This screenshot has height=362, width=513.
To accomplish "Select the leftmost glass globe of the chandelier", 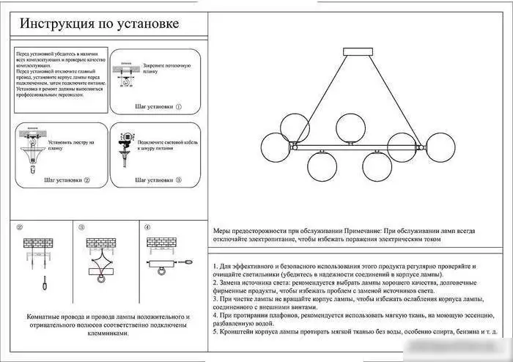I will (276, 144).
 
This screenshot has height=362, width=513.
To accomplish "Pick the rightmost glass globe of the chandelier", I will (442, 144).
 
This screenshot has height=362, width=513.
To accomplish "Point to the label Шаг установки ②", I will (67, 179).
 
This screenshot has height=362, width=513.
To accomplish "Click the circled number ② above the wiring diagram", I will (20, 228).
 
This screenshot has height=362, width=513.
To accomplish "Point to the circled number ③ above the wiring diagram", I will (82, 228).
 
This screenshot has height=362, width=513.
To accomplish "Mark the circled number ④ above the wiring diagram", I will (147, 228).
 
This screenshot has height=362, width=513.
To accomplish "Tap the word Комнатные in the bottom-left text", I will (42, 317).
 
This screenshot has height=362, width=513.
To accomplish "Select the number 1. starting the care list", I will (215, 265).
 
